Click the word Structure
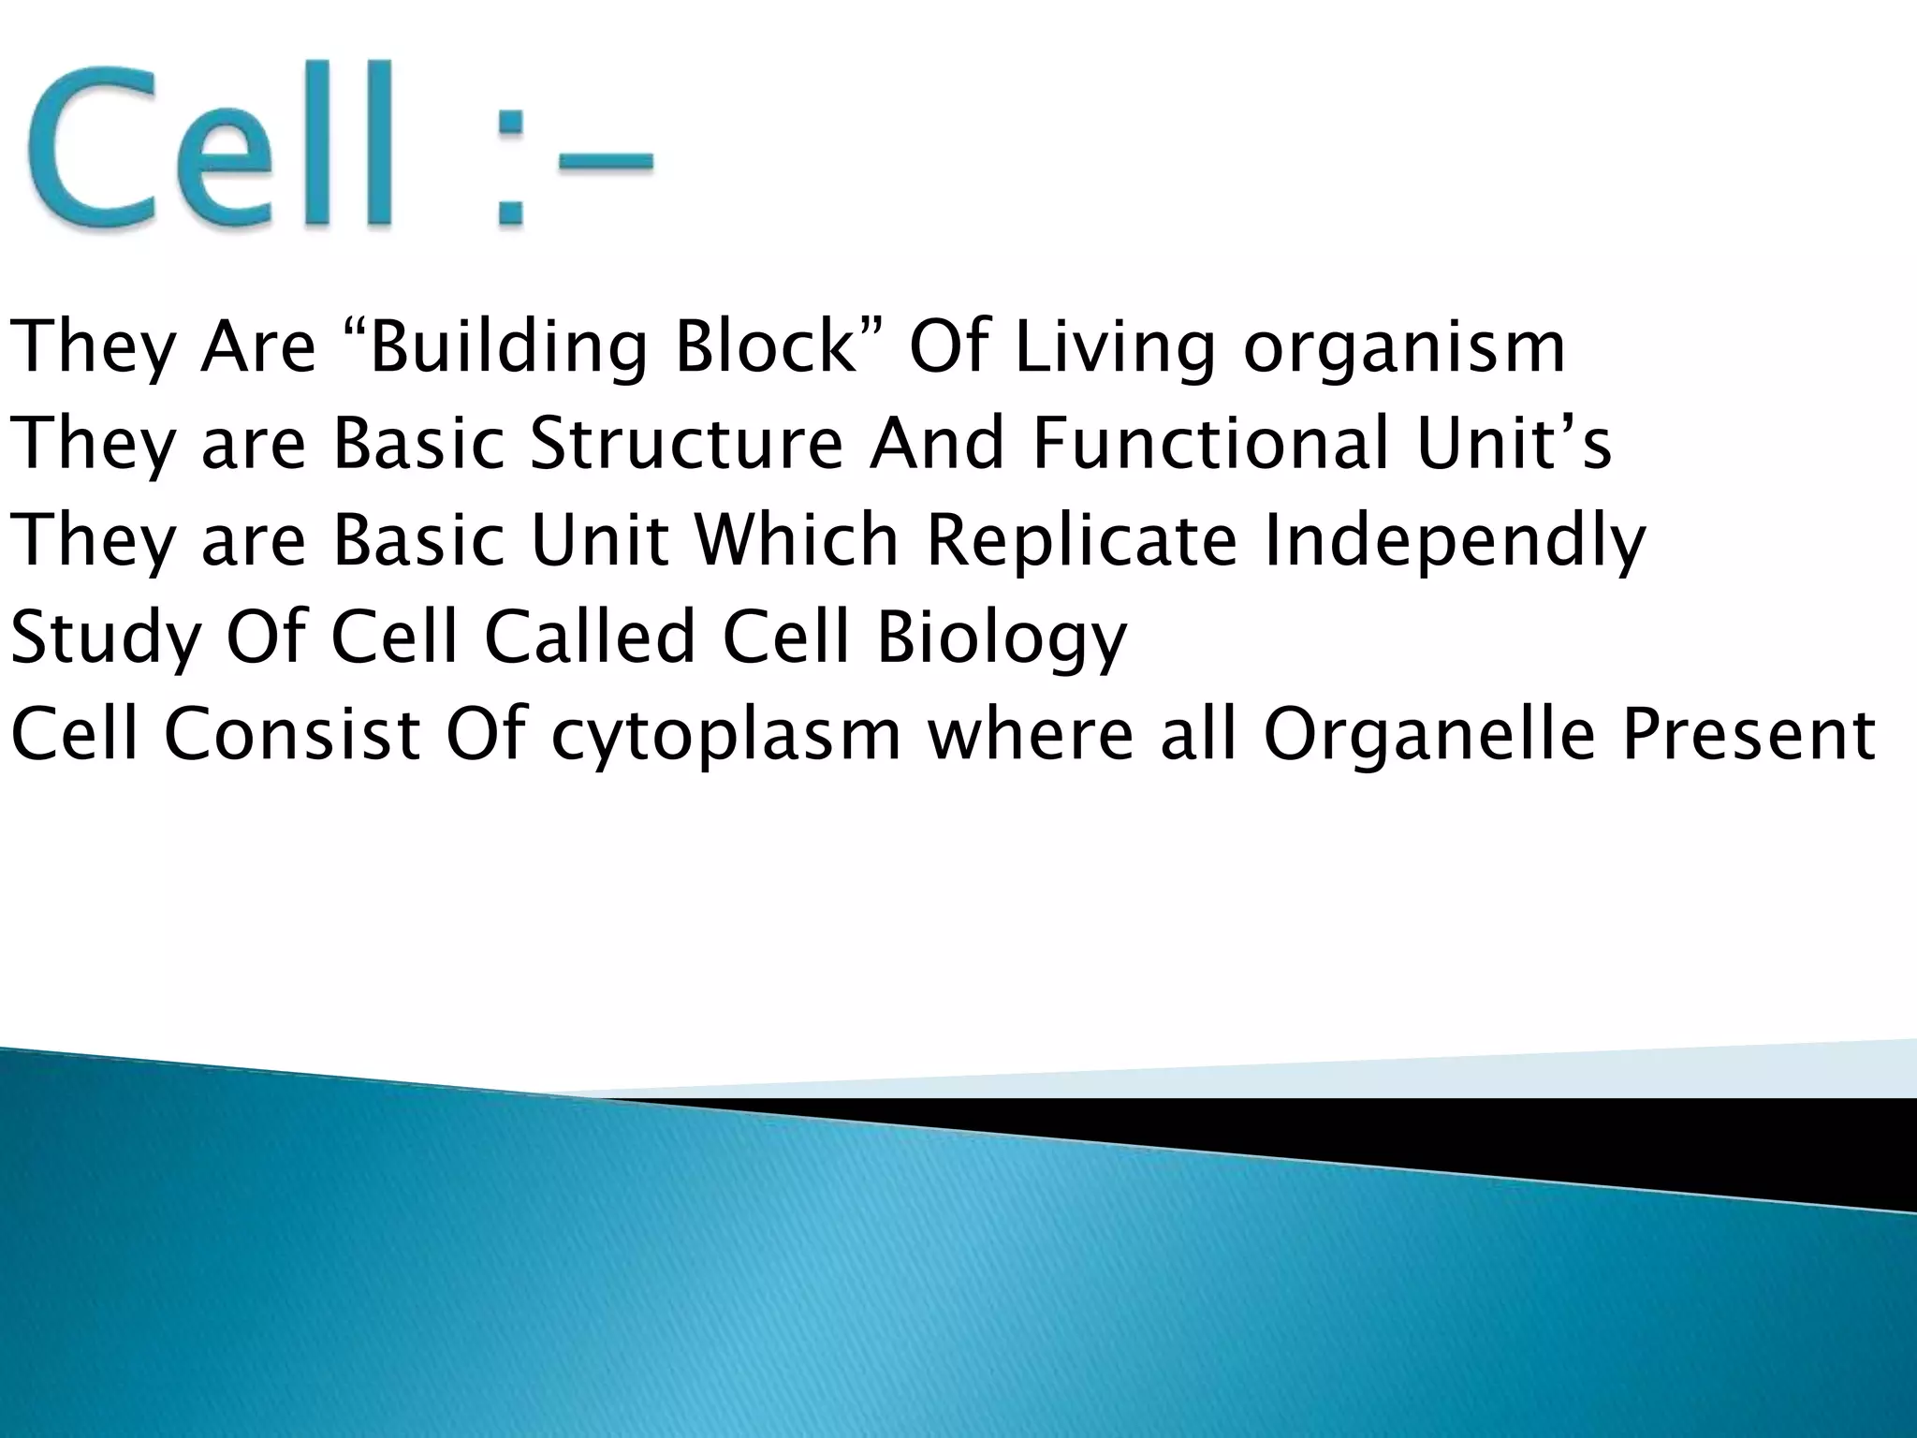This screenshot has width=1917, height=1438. tap(686, 442)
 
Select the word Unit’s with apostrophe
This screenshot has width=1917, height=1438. tap(1514, 442)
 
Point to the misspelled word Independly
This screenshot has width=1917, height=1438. tap(1454, 540)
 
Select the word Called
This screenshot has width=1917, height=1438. tap(590, 637)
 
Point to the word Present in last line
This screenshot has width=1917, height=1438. tap(1749, 735)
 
